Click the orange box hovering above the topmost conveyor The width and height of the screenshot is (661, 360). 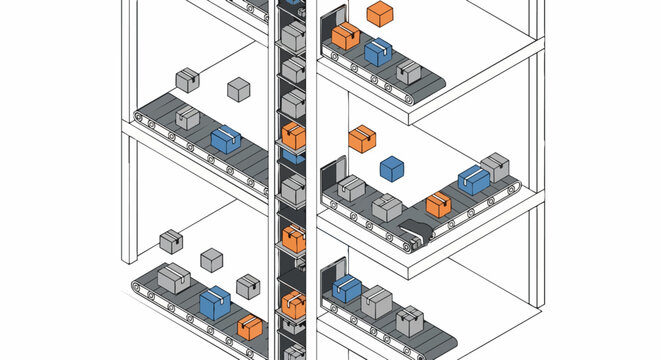(380, 13)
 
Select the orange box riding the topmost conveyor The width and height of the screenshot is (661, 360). (345, 37)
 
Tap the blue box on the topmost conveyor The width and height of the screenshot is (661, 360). (377, 52)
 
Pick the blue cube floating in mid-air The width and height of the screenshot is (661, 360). (392, 168)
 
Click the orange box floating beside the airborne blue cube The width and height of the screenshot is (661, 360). (362, 138)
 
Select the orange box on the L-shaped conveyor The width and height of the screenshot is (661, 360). (438, 205)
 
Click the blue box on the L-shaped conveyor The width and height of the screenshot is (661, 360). (474, 180)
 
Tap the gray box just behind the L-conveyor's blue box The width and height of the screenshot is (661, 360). (496, 167)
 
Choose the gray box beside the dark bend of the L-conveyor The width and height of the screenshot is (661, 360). (387, 208)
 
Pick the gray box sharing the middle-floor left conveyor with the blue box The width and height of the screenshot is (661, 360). (188, 118)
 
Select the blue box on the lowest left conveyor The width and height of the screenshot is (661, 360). (214, 302)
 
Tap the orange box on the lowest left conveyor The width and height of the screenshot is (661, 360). (250, 327)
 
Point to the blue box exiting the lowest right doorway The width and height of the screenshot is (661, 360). (346, 290)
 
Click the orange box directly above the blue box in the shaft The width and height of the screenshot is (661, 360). (293, 134)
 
